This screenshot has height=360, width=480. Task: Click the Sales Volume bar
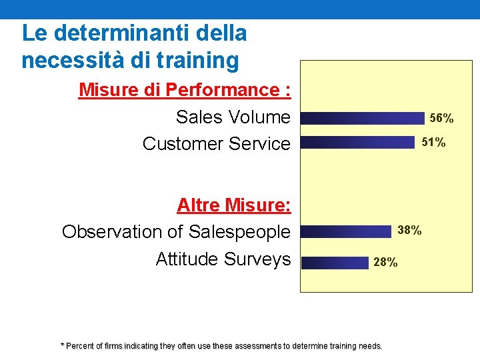click(363, 118)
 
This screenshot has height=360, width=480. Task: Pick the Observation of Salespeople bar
click(345, 231)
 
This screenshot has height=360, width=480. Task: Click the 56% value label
click(441, 119)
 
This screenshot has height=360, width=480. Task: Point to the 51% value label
click(433, 143)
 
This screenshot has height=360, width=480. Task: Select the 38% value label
click(409, 231)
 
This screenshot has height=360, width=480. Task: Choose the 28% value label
click(385, 263)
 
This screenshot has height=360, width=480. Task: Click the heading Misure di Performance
click(185, 90)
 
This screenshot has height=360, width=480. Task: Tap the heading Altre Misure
click(234, 205)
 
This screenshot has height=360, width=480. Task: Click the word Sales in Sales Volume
click(199, 117)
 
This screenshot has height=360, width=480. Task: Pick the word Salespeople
click(239, 232)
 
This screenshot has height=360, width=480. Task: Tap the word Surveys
click(257, 259)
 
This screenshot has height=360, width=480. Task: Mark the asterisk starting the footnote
click(63, 345)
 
